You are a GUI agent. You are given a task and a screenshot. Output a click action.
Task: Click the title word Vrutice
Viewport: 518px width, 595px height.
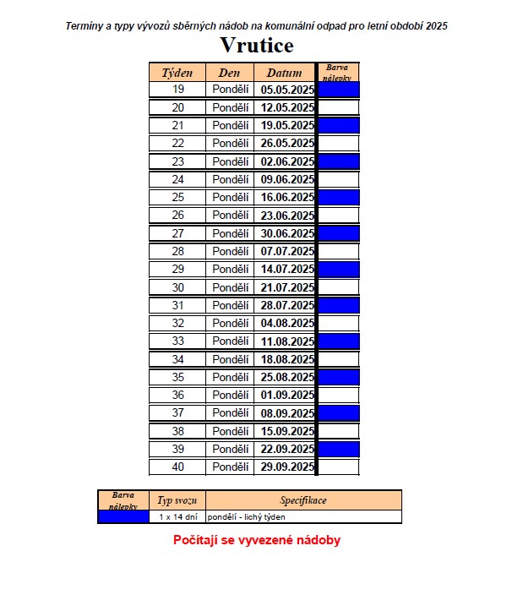pyautogui.click(x=257, y=44)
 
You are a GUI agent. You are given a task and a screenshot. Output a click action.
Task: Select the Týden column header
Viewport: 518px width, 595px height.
pyautogui.click(x=177, y=73)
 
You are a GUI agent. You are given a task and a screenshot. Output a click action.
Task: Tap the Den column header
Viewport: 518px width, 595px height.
pyautogui.click(x=230, y=73)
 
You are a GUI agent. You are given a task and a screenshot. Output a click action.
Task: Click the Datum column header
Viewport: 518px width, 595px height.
pyautogui.click(x=285, y=73)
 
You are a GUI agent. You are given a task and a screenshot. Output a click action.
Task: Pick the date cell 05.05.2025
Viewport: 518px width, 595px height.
pyautogui.click(x=287, y=90)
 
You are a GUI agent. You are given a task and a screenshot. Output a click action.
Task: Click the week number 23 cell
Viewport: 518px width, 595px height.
pyautogui.click(x=177, y=161)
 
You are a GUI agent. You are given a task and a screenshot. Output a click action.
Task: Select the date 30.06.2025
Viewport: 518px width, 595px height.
pyautogui.click(x=287, y=233)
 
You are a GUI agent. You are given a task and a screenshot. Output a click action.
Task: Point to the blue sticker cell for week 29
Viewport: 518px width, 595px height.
pyautogui.click(x=339, y=270)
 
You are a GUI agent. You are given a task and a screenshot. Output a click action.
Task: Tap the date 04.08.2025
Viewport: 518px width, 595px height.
pyautogui.click(x=287, y=323)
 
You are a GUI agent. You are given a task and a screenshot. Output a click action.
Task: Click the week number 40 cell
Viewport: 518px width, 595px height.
pyautogui.click(x=177, y=467)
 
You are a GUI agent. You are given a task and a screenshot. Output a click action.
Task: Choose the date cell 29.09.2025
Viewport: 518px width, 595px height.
pyautogui.click(x=287, y=467)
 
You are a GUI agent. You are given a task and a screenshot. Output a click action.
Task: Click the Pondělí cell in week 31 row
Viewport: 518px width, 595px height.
pyautogui.click(x=230, y=305)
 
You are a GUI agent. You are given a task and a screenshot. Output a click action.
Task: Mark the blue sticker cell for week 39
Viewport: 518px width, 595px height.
pyautogui.click(x=339, y=449)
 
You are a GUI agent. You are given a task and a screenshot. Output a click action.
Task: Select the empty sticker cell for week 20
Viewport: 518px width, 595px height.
pyautogui.click(x=339, y=107)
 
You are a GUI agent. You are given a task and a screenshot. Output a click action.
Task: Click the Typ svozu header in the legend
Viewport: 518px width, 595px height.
pyautogui.click(x=177, y=500)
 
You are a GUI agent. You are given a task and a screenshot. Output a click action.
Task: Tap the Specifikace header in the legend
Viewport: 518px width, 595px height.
pyautogui.click(x=303, y=500)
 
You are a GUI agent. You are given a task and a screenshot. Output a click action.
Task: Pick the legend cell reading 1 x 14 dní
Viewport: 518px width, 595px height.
pyautogui.click(x=177, y=516)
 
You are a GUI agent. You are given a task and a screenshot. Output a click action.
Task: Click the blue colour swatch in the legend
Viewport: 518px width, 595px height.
pyautogui.click(x=123, y=516)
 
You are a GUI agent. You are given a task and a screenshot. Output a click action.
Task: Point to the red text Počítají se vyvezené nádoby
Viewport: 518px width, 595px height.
pyautogui.click(x=257, y=540)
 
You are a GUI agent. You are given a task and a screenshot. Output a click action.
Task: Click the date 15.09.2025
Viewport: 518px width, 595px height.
pyautogui.click(x=287, y=431)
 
